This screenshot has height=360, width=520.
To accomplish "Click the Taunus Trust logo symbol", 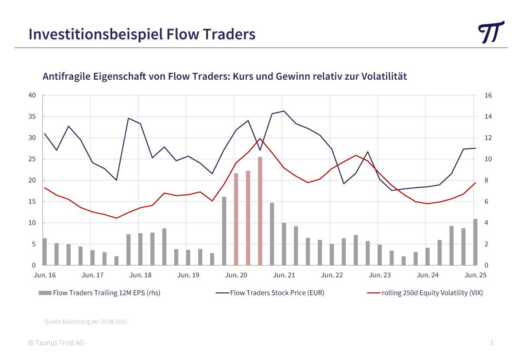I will point(491,32).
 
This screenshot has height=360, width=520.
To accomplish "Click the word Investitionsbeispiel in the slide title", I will point(96,34).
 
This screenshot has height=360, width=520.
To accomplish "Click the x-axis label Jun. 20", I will point(236,275).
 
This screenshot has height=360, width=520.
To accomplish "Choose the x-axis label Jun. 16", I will point(45,275).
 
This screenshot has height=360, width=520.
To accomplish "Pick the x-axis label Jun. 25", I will point(476,275).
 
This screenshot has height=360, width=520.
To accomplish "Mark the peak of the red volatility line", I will point(260,139).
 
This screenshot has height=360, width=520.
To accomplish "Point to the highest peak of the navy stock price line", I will point(283,111).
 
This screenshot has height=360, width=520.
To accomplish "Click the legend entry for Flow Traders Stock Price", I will point(277,293).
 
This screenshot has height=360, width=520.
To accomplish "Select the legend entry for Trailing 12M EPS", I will point(106,293).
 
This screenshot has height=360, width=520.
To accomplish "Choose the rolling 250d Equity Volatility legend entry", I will point(432,293).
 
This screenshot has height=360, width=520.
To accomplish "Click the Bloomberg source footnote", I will point(86,322).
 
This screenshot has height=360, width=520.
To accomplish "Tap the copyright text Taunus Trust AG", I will point(56,343).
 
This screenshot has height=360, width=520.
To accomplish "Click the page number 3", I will point(491,343).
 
